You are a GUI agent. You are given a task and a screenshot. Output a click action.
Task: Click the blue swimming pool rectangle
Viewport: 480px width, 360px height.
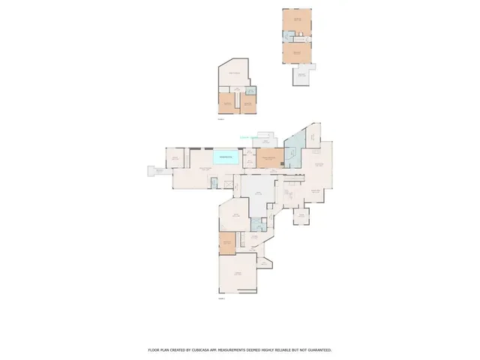(x=226, y=157)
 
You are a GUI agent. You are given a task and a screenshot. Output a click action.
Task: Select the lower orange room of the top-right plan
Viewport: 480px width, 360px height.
(x=297, y=54)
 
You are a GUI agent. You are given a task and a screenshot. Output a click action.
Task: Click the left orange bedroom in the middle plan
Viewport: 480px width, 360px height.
(x=227, y=104)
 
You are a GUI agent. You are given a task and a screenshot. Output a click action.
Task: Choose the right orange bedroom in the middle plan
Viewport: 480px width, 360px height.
(x=247, y=104)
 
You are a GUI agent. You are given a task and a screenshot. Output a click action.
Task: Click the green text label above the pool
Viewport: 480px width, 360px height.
(x=248, y=137)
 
